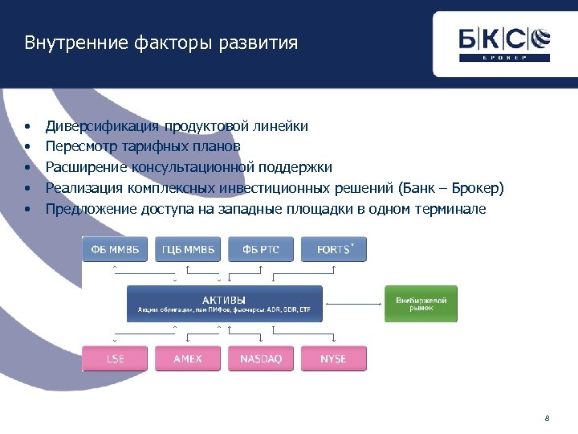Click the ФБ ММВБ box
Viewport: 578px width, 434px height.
tap(115, 249)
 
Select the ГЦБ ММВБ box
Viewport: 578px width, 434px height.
tap(188, 249)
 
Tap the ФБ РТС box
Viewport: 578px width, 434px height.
tap(261, 249)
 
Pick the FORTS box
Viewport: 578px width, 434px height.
tap(334, 249)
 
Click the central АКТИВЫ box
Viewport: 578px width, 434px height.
tap(225, 304)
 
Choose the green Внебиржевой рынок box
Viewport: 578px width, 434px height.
tap(421, 304)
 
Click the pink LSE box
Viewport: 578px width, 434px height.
tap(115, 358)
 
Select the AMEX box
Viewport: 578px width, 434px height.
tap(188, 358)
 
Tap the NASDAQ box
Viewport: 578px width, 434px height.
tap(261, 358)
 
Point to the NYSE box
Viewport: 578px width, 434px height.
tap(334, 358)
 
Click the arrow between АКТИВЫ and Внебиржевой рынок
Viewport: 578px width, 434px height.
tap(354, 304)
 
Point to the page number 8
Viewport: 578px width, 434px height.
tap(547, 418)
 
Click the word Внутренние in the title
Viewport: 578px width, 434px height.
tap(63, 43)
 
